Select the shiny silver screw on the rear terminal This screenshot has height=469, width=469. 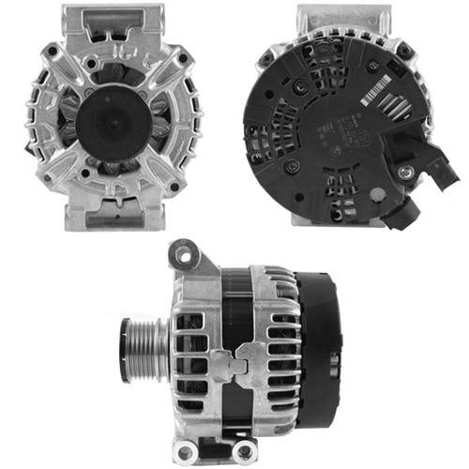pos(405,173)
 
